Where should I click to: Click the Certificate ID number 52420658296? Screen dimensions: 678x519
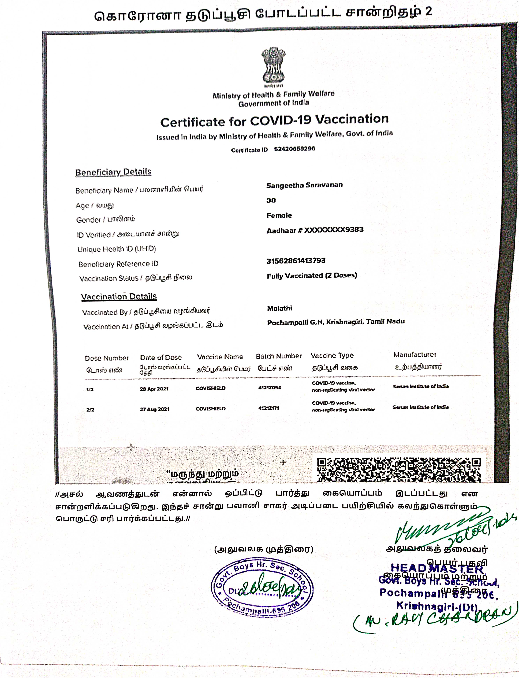point(294,149)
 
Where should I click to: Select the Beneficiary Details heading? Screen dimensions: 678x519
point(113,172)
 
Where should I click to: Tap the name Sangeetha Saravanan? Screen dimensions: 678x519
point(304,185)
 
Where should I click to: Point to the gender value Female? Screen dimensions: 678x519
point(279,216)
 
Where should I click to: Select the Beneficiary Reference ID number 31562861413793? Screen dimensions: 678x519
point(296,261)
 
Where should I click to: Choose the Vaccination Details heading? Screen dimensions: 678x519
point(119,296)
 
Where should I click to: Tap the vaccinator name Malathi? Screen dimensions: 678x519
point(279,308)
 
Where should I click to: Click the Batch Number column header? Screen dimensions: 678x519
point(278,356)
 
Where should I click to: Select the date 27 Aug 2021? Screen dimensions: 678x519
point(154,409)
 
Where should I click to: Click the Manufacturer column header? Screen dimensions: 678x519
point(415,355)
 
